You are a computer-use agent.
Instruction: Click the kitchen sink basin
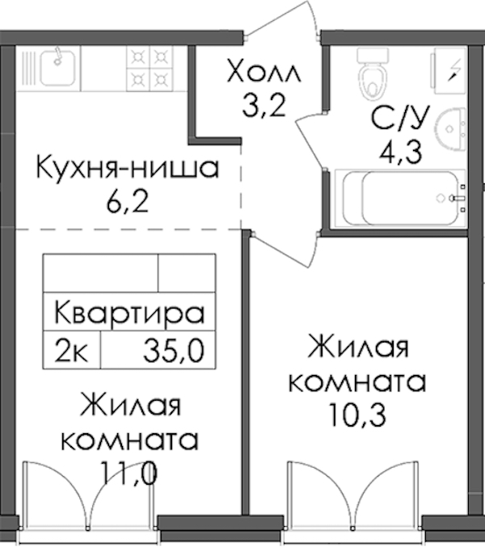click(57, 68)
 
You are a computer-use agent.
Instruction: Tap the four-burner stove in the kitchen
click(150, 69)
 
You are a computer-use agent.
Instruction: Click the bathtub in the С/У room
click(400, 198)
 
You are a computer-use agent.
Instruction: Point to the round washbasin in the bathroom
click(450, 130)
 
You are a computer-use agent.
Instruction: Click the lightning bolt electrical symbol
click(454, 70)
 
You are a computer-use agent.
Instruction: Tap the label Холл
click(264, 72)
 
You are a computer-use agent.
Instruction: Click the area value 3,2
click(264, 105)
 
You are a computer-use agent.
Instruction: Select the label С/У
click(399, 118)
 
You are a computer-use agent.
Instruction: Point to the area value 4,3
click(401, 152)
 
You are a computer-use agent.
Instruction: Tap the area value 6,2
click(128, 202)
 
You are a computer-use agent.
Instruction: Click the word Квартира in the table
click(129, 313)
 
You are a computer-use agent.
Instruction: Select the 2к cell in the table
click(71, 351)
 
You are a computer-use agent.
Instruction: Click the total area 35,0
click(174, 351)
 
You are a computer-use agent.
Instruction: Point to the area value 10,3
click(357, 415)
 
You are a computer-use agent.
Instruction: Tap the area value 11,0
click(129, 473)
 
